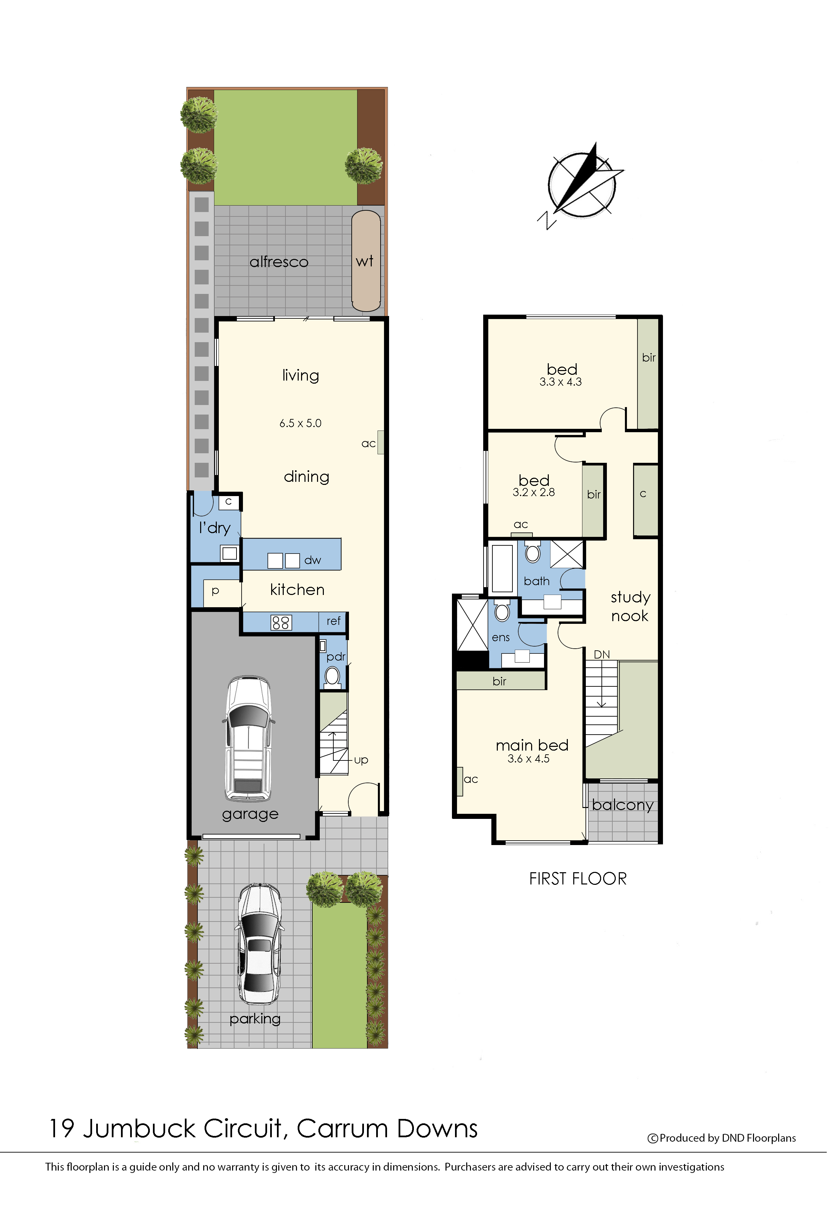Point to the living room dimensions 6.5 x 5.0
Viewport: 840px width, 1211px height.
pyautogui.click(x=305, y=430)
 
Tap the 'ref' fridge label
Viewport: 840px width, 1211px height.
pyautogui.click(x=339, y=631)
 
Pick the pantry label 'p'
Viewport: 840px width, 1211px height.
pyautogui.click(x=218, y=600)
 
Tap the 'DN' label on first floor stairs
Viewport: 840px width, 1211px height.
pyautogui.click(x=612, y=665)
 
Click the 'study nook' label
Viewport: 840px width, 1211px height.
pyautogui.click(x=641, y=616)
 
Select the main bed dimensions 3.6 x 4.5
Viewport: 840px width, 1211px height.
pyautogui.click(x=537, y=771)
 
